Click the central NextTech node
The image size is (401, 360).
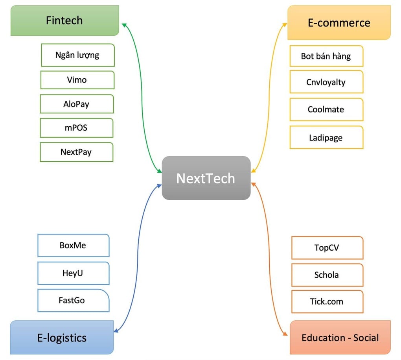click(206, 178)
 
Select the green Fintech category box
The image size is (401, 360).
click(64, 20)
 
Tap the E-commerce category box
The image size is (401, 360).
click(339, 22)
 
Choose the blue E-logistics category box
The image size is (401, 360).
click(62, 337)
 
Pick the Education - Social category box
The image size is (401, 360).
click(340, 337)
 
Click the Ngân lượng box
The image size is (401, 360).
click(77, 55)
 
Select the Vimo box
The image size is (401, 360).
click(77, 80)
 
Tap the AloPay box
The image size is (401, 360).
click(77, 104)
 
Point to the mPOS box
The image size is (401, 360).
click(76, 127)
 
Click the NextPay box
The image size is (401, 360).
click(76, 152)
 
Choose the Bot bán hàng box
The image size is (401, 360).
click(326, 56)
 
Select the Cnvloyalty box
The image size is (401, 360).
click(326, 82)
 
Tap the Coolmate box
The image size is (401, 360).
click(326, 109)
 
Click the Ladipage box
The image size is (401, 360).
click(326, 137)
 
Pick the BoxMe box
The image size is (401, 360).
click(73, 246)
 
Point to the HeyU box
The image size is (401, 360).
click(73, 273)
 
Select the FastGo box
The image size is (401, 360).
click(73, 301)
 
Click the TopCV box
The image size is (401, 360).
click(327, 248)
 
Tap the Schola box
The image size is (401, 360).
click(327, 275)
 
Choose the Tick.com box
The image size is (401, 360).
click(327, 302)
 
